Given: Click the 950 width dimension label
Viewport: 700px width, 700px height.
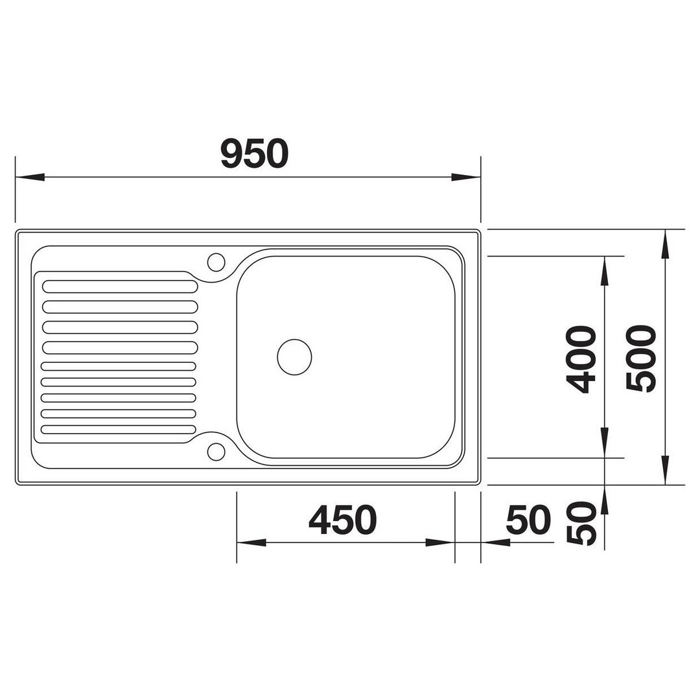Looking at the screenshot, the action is click(x=255, y=154).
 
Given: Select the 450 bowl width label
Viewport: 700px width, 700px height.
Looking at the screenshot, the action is click(x=342, y=520).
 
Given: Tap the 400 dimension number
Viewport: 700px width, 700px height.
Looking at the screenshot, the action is click(x=581, y=359).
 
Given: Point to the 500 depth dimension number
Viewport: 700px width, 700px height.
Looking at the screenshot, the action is click(x=641, y=358).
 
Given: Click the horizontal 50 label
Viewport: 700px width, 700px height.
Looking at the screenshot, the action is click(x=529, y=520).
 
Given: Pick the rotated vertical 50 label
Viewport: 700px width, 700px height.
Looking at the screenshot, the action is click(x=581, y=523).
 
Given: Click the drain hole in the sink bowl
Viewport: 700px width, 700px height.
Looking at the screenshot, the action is click(x=294, y=357).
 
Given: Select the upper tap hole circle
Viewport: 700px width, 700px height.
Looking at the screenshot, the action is click(x=216, y=262).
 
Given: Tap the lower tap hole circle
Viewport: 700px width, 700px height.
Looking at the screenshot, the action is click(x=216, y=451).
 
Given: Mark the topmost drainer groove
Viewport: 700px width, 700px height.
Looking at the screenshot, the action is click(x=120, y=286).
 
